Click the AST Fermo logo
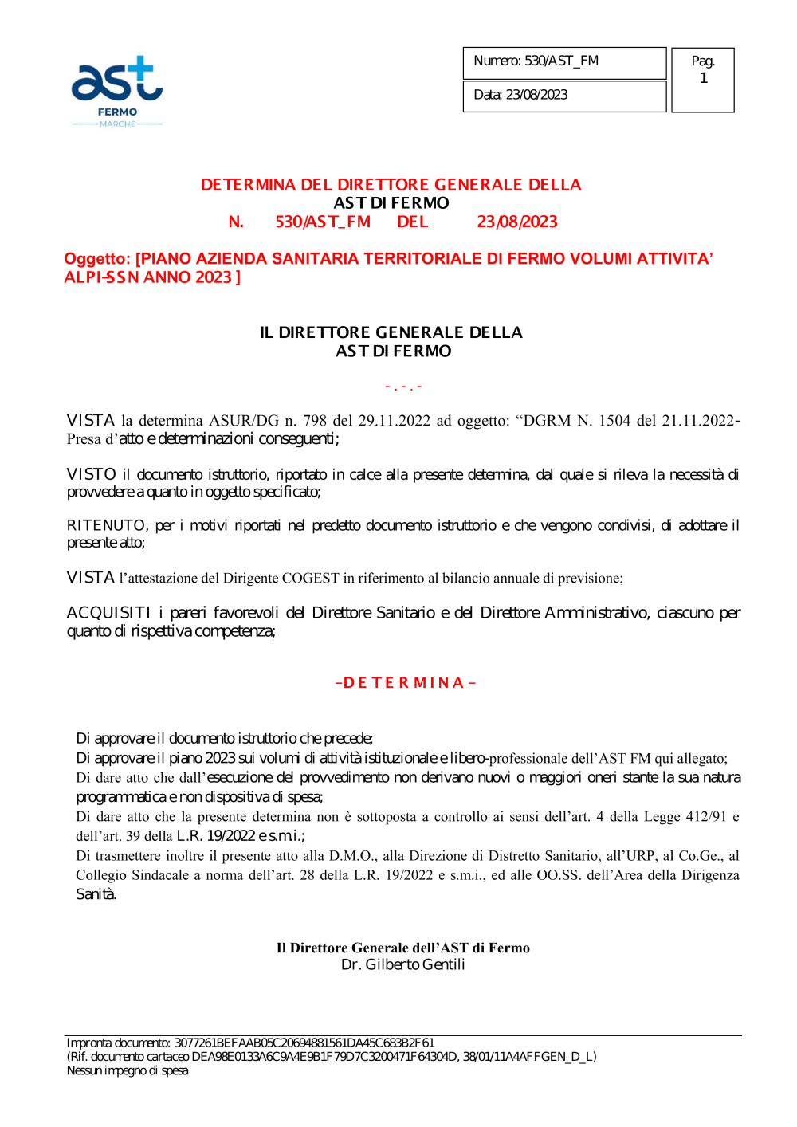117,90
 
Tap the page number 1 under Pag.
704,78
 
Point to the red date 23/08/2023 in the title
517,222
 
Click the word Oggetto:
96,259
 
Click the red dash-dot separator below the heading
403,387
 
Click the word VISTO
92,475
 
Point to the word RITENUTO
107,526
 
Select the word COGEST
310,579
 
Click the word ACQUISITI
108,613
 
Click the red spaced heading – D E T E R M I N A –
406,683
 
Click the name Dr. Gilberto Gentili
402,965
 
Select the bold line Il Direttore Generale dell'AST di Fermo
402,948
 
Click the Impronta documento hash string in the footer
304,1043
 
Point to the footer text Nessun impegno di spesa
128,1071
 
